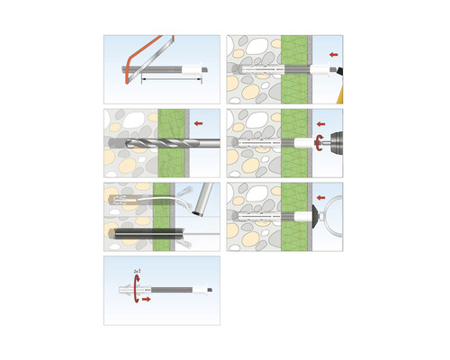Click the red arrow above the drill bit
click(198, 120)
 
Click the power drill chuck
click(329, 141)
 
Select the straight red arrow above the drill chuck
click(320, 122)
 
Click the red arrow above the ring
click(320, 193)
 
